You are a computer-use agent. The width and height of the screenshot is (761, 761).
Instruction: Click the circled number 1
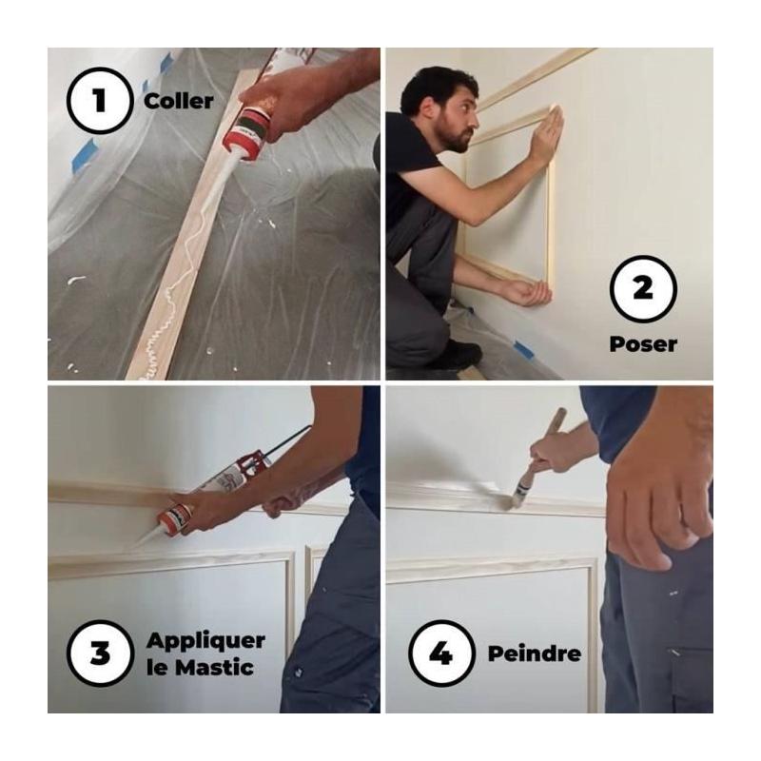100,101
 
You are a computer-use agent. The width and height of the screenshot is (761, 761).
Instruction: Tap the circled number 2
643,289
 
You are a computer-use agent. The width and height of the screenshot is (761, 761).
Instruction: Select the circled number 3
100,653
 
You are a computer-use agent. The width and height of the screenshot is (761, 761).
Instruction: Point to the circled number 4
441,653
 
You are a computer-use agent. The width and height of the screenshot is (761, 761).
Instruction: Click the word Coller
178,102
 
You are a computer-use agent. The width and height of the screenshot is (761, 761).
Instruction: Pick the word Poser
643,344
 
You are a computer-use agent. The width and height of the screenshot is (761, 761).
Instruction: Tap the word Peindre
535,654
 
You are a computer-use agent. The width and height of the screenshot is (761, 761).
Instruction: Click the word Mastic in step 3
214,668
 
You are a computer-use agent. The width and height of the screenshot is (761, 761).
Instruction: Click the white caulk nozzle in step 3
147,537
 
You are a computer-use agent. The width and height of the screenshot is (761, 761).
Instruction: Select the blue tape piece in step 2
524,349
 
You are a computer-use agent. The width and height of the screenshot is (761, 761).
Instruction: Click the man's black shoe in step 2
459,354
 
